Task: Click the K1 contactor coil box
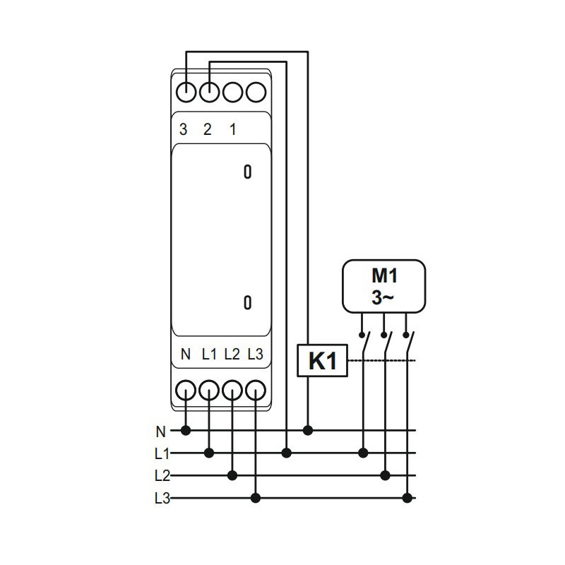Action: click(x=322, y=361)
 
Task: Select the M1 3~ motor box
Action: click(x=383, y=287)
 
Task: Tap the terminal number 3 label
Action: click(x=184, y=129)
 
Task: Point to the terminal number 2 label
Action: click(x=207, y=129)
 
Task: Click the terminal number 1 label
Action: click(x=233, y=129)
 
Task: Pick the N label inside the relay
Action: click(x=186, y=355)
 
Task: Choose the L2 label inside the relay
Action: click(x=232, y=355)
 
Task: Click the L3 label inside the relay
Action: click(x=255, y=355)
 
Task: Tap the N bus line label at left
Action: click(x=161, y=432)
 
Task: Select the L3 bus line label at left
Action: click(x=162, y=499)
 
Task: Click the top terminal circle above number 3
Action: click(x=186, y=93)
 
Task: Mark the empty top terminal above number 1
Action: click(x=232, y=93)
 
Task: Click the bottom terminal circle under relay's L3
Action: click(x=256, y=391)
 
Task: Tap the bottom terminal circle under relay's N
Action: click(x=186, y=391)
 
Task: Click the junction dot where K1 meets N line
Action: click(x=308, y=430)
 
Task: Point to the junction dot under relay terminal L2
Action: click(x=232, y=475)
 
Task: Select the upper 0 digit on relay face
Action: click(x=248, y=172)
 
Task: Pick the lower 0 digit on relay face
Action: click(x=248, y=303)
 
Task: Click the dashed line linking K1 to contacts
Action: click(x=381, y=360)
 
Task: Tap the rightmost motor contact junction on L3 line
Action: click(x=408, y=498)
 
